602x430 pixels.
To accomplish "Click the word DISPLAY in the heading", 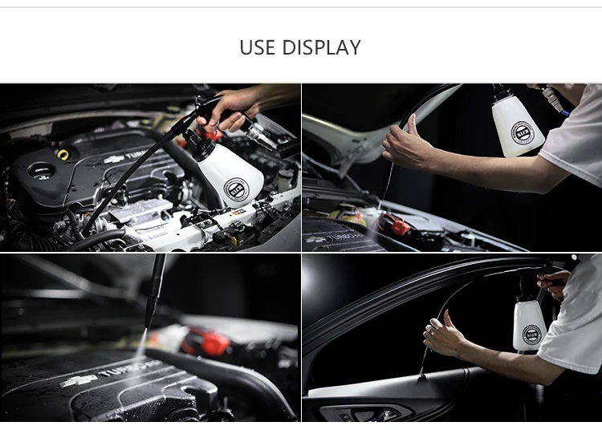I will [321, 47].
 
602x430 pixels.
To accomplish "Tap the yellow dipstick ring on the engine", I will [63, 153].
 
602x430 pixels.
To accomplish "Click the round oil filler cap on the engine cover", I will [39, 171].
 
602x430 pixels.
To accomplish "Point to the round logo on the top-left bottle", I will [236, 191].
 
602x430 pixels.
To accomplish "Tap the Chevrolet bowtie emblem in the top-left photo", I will [114, 160].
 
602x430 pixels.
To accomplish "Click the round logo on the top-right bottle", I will [522, 132].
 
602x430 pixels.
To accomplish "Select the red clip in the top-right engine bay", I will [399, 225].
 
